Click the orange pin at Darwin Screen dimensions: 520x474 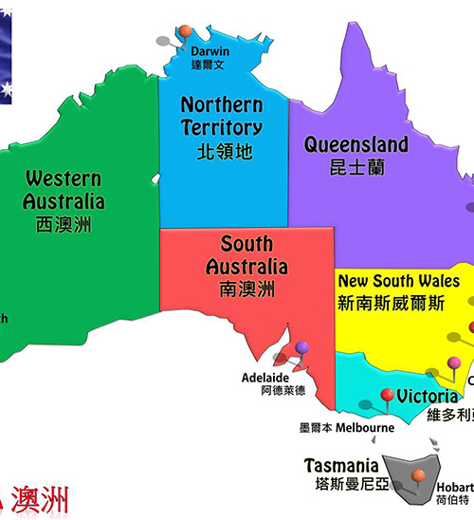[x=185, y=31]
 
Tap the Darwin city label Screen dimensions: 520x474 [x=210, y=51]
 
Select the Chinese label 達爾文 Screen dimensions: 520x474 [x=210, y=65]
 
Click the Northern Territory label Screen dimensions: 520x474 [x=222, y=115]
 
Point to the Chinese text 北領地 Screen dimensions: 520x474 [x=222, y=151]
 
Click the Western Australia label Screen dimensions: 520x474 [x=64, y=189]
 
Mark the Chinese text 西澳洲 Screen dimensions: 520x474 [x=64, y=225]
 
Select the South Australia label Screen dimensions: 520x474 [x=246, y=255]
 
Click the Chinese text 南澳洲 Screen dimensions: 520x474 [x=246, y=288]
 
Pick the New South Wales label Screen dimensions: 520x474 [x=399, y=282]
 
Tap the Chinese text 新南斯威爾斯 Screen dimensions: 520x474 [x=391, y=304]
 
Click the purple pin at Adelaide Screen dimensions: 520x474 [x=301, y=348]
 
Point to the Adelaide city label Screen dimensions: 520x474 [x=264, y=377]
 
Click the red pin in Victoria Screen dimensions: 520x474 [x=387, y=396]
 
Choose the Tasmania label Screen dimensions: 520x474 [x=341, y=466]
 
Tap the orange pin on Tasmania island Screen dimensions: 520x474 [x=417, y=475]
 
